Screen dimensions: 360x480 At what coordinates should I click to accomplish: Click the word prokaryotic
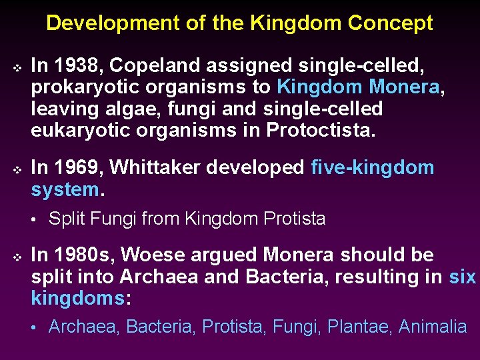86,87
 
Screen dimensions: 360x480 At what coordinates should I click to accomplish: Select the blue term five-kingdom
372,168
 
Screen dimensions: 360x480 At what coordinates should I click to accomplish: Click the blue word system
65,189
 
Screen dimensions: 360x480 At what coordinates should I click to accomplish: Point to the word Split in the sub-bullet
66,219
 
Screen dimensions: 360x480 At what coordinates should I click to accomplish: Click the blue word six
462,276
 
